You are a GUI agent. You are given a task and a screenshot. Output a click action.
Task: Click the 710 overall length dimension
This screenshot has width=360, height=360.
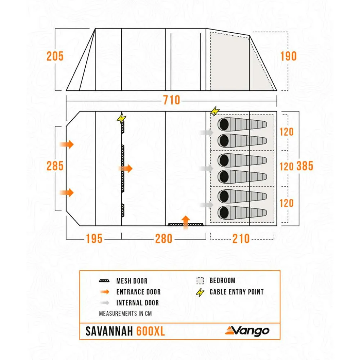coord(171,100)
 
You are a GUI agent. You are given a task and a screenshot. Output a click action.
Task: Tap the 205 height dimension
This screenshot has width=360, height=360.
coord(55,56)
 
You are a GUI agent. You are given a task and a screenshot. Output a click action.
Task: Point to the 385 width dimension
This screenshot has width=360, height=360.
coord(305,166)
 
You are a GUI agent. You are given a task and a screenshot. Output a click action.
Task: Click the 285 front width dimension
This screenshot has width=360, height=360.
coord(55,166)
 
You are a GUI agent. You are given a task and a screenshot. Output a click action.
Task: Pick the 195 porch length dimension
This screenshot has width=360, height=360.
coord(94,238)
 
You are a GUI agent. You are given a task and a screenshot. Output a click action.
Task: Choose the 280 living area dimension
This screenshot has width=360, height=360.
coord(164,238)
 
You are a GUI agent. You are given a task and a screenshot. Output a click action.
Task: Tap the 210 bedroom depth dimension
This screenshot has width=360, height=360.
coord(241,238)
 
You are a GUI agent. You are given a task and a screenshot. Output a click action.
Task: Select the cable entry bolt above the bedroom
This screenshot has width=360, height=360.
coord(215,111)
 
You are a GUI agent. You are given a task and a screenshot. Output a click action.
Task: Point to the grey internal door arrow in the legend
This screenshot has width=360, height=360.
coord(104,303)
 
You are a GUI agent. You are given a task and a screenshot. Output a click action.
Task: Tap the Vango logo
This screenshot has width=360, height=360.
coord(247,330)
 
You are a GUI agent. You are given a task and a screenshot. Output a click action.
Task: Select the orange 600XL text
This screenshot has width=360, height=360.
coord(150,331)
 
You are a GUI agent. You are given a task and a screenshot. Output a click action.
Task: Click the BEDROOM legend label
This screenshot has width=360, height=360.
coord(222,281)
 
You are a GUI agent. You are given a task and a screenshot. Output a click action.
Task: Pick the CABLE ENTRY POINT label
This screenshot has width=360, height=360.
coord(237,292)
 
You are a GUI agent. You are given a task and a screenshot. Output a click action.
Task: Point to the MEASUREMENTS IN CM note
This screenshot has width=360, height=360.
coord(125,313)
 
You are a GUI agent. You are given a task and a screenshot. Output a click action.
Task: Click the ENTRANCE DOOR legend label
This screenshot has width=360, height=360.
coord(138,292)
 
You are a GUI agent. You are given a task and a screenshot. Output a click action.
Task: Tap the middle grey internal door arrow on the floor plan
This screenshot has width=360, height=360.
coord(207,168)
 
